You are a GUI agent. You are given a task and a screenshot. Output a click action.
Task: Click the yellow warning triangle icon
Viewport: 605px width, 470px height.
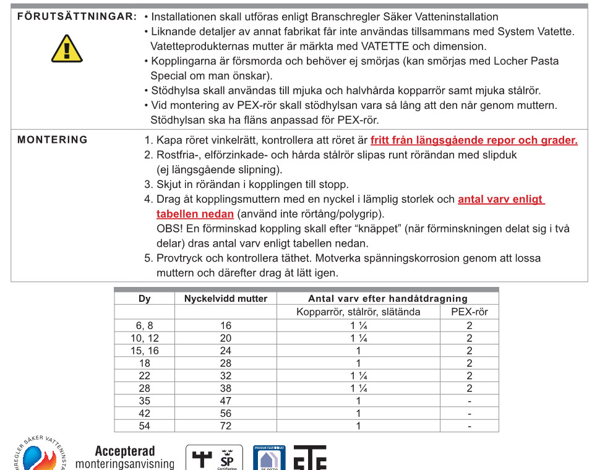67,48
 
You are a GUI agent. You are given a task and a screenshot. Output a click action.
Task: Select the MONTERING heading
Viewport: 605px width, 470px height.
53,140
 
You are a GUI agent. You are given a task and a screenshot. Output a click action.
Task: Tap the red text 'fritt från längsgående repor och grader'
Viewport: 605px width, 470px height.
474,140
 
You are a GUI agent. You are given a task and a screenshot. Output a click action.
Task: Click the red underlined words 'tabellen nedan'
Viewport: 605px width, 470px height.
195,214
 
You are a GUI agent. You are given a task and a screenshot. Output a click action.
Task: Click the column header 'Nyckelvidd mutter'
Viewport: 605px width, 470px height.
226,299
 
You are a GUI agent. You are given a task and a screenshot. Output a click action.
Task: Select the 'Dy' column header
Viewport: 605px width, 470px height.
145,299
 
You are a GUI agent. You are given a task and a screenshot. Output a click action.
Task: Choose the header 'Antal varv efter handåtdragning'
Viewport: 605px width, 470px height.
388,299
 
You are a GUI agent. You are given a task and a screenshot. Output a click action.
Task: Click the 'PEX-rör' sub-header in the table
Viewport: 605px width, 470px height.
470,312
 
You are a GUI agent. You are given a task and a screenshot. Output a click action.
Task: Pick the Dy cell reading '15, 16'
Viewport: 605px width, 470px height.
145,351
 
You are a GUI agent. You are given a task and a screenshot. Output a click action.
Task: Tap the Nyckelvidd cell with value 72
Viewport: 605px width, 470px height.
226,426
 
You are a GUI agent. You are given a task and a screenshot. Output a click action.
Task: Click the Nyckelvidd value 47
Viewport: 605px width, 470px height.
226,401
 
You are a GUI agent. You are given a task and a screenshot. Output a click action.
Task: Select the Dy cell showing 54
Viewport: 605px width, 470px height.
145,426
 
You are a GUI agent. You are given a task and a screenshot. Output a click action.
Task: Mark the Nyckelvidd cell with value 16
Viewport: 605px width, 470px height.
226,325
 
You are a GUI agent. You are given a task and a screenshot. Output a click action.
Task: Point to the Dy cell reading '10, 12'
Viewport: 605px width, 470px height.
145,338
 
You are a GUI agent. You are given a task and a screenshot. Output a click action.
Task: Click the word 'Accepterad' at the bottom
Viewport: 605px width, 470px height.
125,451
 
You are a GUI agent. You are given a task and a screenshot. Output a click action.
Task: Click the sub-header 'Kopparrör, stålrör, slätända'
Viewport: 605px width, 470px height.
358,312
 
